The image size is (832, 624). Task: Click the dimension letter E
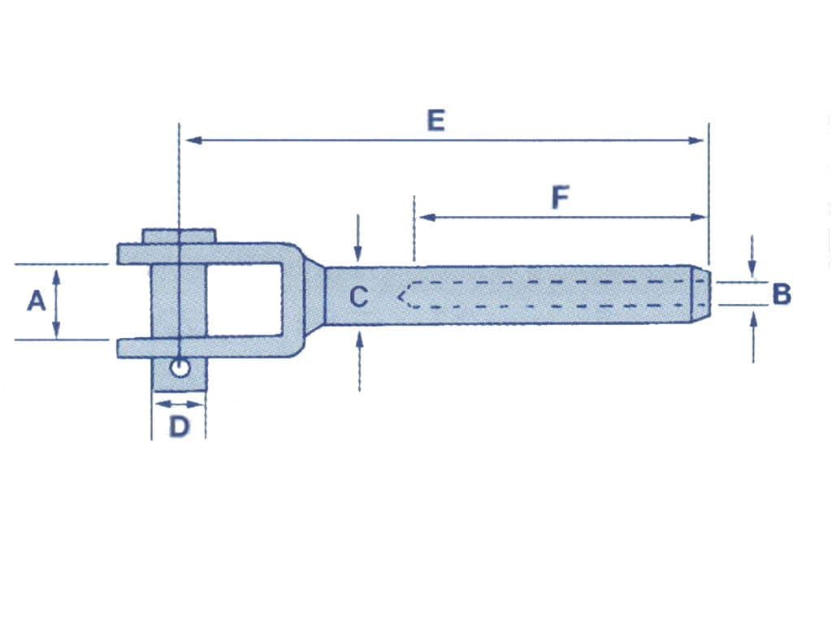point(436,121)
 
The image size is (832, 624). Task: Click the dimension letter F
point(560,197)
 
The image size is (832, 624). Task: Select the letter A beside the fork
point(36,301)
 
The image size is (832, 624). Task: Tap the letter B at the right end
point(781,294)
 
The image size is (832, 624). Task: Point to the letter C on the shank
point(358,297)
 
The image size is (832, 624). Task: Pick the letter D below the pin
point(179,426)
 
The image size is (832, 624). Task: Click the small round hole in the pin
point(179,369)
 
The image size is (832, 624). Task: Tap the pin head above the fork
point(180,236)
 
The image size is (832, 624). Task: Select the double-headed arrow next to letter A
point(57,302)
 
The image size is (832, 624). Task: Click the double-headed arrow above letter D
point(179,404)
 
